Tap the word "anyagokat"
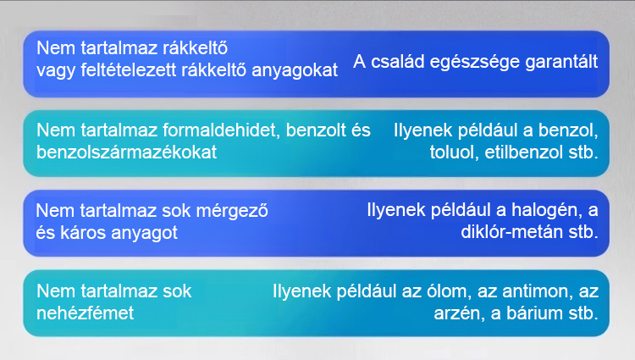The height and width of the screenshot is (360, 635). tap(295, 71)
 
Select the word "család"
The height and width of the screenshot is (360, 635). tap(398, 62)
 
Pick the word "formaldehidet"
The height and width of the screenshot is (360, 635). tap(222, 130)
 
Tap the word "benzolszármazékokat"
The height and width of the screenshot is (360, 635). tap(127, 152)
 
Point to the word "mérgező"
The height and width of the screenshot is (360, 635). tap(240, 212)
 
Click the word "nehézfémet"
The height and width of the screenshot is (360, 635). tap(85, 313)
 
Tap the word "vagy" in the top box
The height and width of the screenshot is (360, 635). tap(56, 71)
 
